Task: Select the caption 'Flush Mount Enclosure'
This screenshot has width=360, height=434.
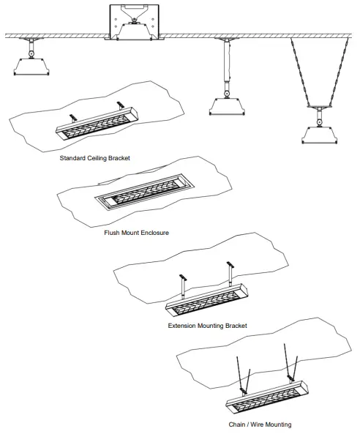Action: pyautogui.click(x=137, y=232)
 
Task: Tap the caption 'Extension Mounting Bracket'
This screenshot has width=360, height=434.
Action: pyautogui.click(x=207, y=325)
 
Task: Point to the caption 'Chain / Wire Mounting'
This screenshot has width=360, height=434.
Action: pyautogui.click(x=259, y=424)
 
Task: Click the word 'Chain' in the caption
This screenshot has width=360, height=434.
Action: pyautogui.click(x=237, y=424)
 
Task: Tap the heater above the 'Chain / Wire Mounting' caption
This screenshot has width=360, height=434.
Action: pyautogui.click(x=263, y=396)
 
